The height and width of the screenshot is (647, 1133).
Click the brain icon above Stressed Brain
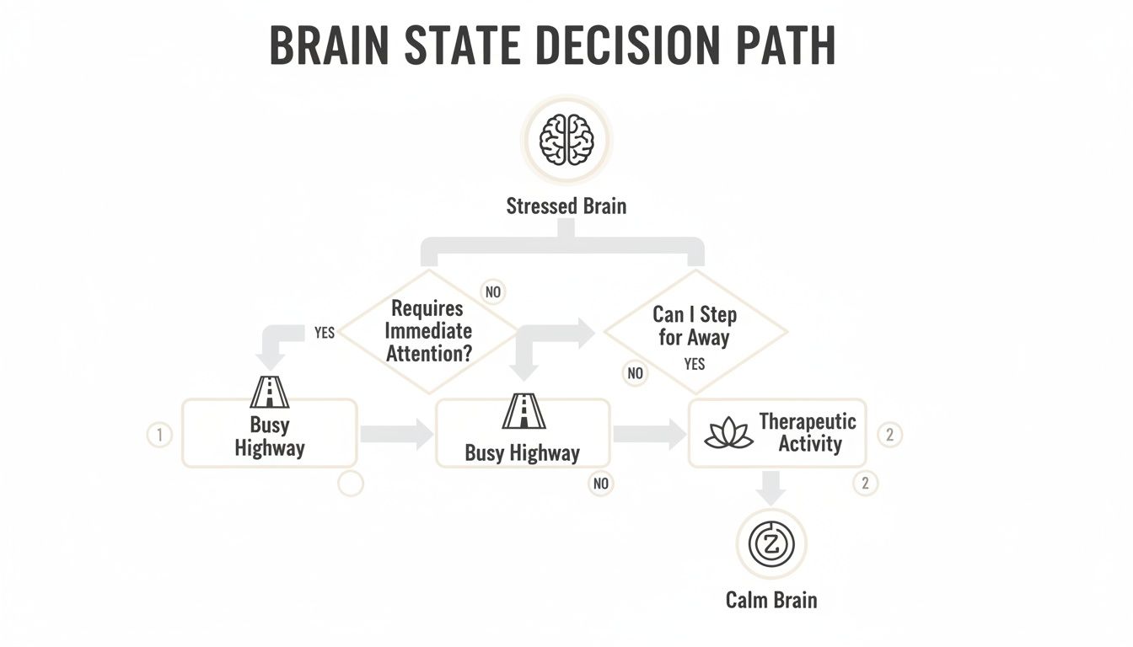[x=566, y=139]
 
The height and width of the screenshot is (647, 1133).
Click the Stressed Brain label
[x=566, y=206]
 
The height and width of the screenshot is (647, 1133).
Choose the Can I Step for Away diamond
[x=695, y=331]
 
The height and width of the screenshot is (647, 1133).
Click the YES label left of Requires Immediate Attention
[x=325, y=333]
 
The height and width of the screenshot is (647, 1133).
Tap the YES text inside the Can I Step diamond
[x=695, y=364]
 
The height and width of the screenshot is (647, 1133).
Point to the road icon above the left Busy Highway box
[x=270, y=392]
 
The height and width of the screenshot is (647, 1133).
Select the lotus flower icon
[x=728, y=433]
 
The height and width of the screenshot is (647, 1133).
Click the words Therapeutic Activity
[x=808, y=432]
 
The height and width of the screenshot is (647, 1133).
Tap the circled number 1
[x=159, y=435]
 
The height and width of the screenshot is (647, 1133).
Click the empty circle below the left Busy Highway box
[x=350, y=484]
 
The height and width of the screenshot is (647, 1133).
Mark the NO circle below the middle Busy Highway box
[x=600, y=484]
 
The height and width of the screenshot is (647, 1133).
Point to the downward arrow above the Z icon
[x=771, y=487]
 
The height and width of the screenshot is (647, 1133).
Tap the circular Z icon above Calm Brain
[x=771, y=543]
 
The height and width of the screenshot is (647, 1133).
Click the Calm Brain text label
[x=771, y=600]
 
